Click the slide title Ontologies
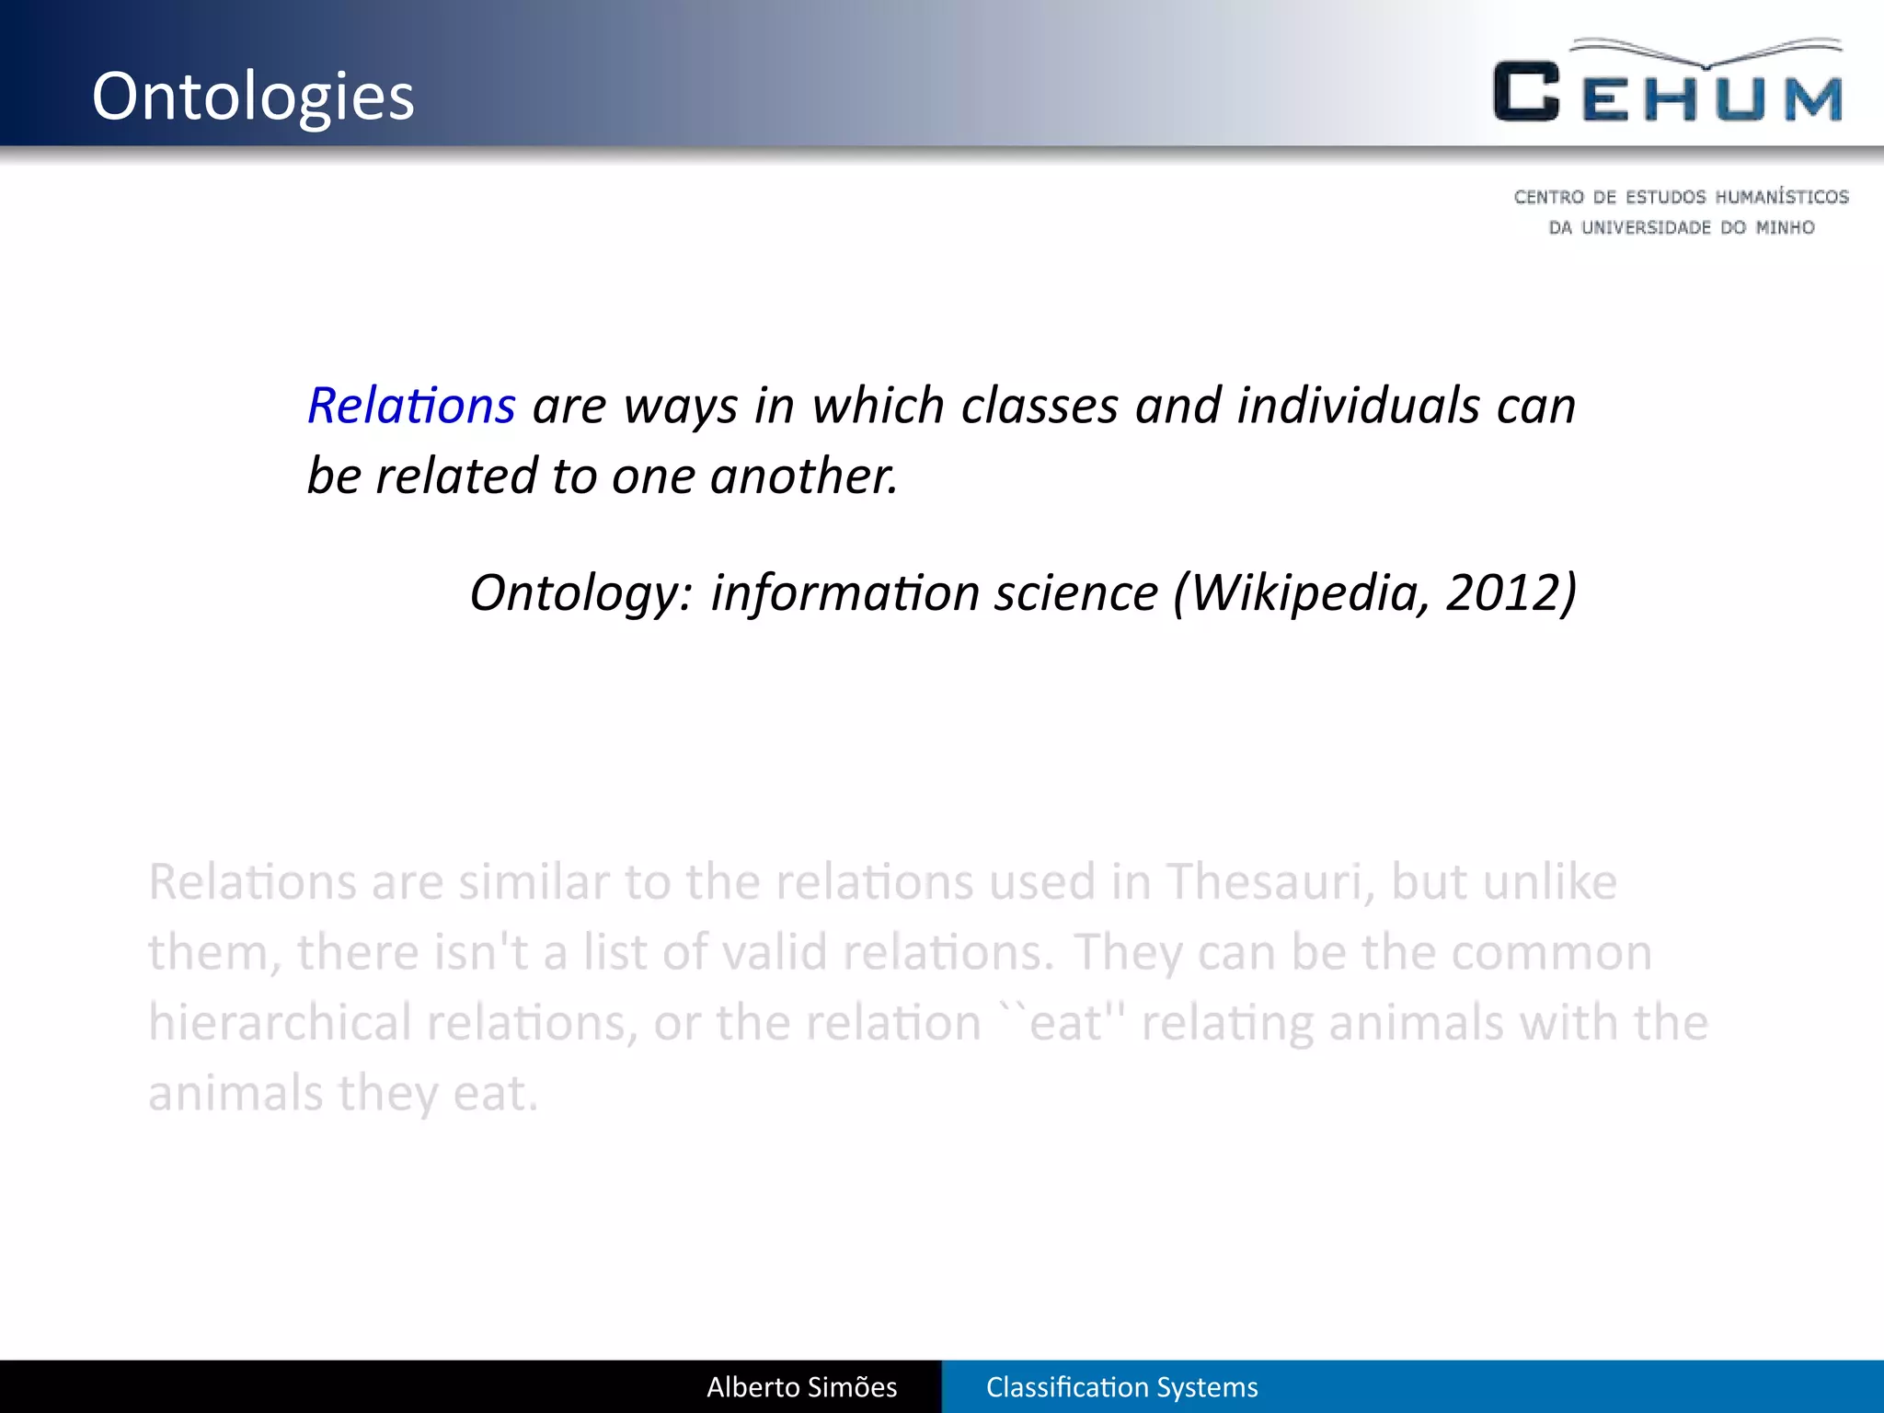pyautogui.click(x=253, y=97)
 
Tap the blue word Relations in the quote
pyautogui.click(x=411, y=406)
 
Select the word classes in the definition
pyautogui.click(x=1039, y=406)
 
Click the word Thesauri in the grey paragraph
pyautogui.click(x=1270, y=882)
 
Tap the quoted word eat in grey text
pyautogui.click(x=1065, y=1024)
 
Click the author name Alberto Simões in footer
pyautogui.click(x=801, y=1387)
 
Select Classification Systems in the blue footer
pyautogui.click(x=1121, y=1387)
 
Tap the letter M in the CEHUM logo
pyautogui.click(x=1813, y=98)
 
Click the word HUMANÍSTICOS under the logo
pyautogui.click(x=1782, y=197)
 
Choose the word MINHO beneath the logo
pyautogui.click(x=1785, y=227)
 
